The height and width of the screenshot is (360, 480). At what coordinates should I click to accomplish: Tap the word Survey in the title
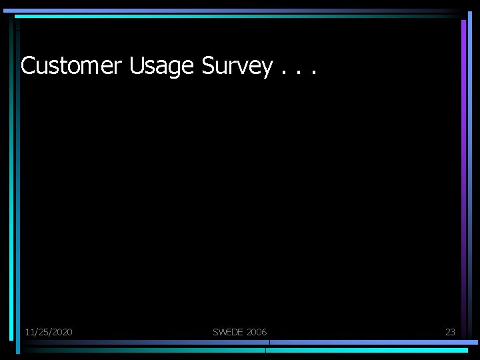(x=237, y=65)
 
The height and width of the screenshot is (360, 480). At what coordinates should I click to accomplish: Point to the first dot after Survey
(x=285, y=73)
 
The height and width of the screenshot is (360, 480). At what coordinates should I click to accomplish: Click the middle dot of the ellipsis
(x=297, y=73)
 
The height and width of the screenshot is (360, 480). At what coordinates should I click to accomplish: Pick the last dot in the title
(x=311, y=73)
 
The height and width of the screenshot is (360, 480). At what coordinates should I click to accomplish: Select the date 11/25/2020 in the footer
(x=49, y=332)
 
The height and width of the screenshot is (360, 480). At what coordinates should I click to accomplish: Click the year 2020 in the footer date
(x=61, y=332)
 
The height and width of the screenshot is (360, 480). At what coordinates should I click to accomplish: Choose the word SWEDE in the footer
(x=228, y=332)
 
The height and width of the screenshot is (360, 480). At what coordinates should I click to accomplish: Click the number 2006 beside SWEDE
(x=256, y=332)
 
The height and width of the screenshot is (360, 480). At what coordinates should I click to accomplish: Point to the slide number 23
(x=450, y=332)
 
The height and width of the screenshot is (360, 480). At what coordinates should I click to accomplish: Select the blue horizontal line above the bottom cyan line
(x=373, y=343)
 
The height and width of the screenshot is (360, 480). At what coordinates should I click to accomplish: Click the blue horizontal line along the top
(x=233, y=11)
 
